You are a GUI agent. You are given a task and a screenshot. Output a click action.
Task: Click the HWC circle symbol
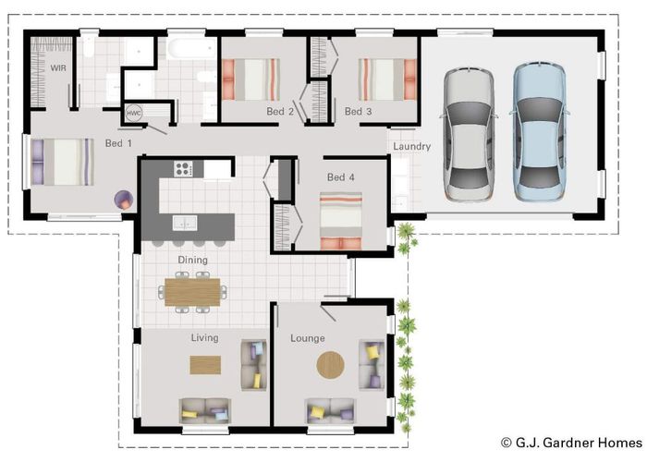click(x=134, y=113)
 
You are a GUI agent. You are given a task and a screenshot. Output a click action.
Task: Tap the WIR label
click(x=58, y=67)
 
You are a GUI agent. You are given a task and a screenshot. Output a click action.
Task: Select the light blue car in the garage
click(x=539, y=131)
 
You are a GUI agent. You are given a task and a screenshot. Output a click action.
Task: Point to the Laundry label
click(x=412, y=146)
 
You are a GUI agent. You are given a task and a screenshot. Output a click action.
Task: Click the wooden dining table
click(x=192, y=292)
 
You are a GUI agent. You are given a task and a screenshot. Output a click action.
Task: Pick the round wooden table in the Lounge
click(x=331, y=365)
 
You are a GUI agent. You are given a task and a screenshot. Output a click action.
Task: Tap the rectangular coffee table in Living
click(x=205, y=365)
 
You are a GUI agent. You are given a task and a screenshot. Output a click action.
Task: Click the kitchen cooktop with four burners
click(x=184, y=168)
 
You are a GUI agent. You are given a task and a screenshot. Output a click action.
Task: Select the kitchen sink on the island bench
click(x=185, y=223)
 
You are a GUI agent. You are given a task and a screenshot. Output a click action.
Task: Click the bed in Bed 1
click(x=62, y=162)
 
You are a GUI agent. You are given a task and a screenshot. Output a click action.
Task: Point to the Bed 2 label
click(x=280, y=112)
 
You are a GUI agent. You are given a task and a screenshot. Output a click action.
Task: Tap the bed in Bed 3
click(x=387, y=79)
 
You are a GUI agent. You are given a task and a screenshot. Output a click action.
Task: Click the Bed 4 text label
click(x=340, y=177)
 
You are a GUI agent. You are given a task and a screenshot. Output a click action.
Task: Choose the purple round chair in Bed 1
click(x=124, y=201)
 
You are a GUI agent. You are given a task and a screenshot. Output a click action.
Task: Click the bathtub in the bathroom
click(x=191, y=49)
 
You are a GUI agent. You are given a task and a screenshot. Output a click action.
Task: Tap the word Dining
click(x=192, y=260)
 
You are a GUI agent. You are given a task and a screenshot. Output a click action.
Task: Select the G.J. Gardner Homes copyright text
click(x=571, y=443)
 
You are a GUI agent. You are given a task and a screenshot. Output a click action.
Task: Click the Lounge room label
click(x=308, y=338)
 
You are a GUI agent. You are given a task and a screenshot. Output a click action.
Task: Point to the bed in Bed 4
click(x=341, y=221)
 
